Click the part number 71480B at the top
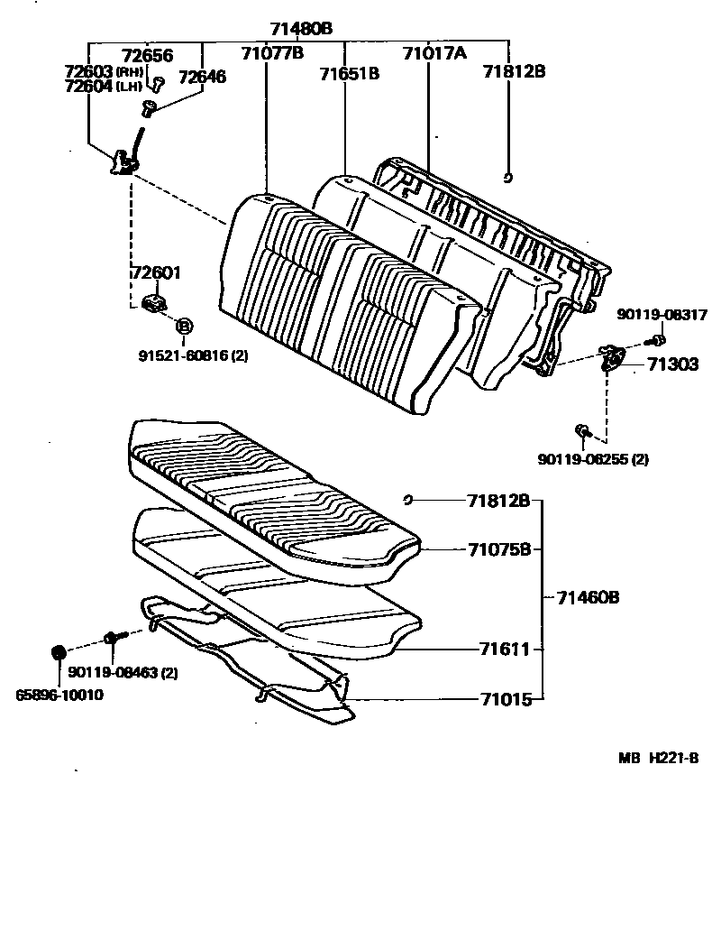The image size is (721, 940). tap(301, 29)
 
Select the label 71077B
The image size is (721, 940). tap(271, 52)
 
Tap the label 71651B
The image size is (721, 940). tap(349, 73)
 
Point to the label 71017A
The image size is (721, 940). tap(434, 53)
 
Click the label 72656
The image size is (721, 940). tap(147, 55)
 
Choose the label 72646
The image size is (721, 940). tap(202, 77)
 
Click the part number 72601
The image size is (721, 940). tap(156, 272)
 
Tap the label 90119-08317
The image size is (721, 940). tap(662, 315)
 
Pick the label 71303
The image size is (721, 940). tap(671, 365)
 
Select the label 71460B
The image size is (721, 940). tap(587, 597)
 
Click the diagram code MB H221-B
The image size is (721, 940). tap(658, 759)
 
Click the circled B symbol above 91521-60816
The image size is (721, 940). tap(183, 326)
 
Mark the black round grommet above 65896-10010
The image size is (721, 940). tap(58, 651)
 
